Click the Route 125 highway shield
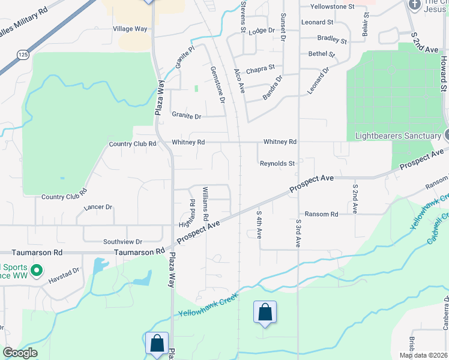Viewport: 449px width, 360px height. click(23, 55)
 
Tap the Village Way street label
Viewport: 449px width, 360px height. click(130, 28)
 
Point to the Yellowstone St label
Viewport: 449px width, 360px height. click(332, 7)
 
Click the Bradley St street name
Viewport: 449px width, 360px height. click(332, 39)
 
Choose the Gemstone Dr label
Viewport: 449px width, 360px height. click(217, 84)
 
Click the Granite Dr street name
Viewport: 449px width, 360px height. click(187, 115)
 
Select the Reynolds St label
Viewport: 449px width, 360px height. click(277, 163)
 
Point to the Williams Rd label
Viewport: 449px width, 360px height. click(205, 203)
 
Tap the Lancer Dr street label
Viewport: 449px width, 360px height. click(98, 207)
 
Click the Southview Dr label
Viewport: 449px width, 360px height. click(122, 241)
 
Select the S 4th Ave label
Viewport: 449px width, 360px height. click(259, 224)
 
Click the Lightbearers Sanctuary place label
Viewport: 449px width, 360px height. click(397, 136)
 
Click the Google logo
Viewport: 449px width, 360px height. click(20, 353)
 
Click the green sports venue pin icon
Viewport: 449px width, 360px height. click(35, 271)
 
